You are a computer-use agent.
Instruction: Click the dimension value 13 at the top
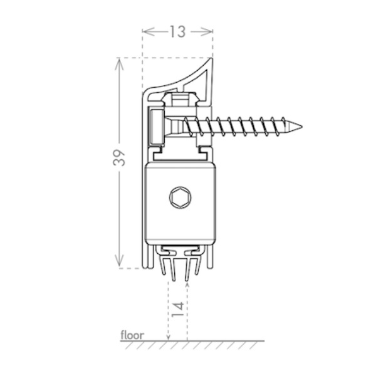pyautogui.click(x=178, y=32)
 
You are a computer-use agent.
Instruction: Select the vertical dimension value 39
pyautogui.click(x=119, y=158)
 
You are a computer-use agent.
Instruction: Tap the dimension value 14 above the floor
pyautogui.click(x=178, y=309)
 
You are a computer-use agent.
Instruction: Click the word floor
pyautogui.click(x=132, y=335)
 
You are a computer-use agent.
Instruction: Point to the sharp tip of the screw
pyautogui.click(x=301, y=127)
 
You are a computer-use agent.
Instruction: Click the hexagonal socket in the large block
pyautogui.click(x=180, y=197)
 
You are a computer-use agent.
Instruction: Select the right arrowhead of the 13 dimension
pyautogui.click(x=207, y=32)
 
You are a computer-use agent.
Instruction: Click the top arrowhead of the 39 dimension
pyautogui.click(x=119, y=65)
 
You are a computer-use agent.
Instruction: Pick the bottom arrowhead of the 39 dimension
pyautogui.click(x=119, y=262)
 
